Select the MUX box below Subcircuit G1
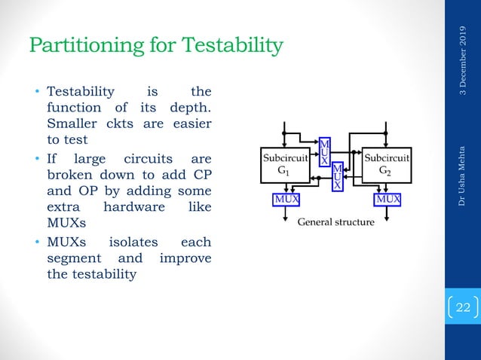(x=285, y=200)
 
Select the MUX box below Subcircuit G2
(x=388, y=200)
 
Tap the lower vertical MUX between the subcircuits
(x=338, y=176)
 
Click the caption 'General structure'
(x=335, y=223)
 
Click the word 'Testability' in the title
(x=229, y=47)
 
